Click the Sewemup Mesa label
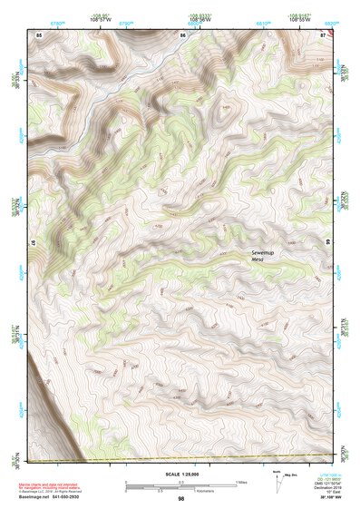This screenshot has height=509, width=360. [261, 254]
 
